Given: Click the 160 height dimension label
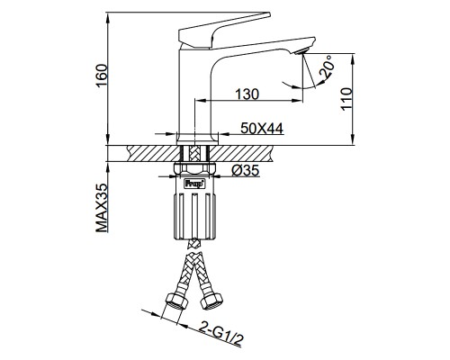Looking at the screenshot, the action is pos(102,75).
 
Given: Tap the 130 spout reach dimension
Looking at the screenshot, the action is pos(247,94).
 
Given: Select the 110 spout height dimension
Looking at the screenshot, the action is pos(346,99).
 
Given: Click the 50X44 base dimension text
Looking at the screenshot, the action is pos(262,129).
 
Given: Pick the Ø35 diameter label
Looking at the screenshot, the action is pos(245,171).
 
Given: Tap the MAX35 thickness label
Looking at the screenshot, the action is pos(102,208).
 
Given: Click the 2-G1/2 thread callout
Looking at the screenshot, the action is pos(221,334).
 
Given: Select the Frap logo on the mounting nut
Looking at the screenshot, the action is pos(194,184).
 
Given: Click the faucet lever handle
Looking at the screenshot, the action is pos(224,31).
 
